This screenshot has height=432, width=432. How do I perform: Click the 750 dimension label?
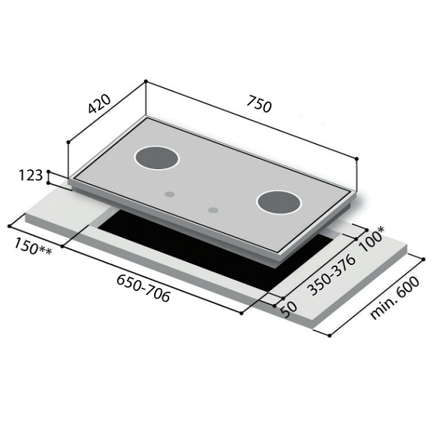259,104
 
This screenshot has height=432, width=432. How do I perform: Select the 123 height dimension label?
30,175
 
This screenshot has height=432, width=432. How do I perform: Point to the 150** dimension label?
33,247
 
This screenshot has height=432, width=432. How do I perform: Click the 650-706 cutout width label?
143,288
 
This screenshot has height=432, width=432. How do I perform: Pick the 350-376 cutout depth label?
331,275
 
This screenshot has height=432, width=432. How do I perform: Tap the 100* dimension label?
371,239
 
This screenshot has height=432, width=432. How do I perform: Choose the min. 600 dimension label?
395,298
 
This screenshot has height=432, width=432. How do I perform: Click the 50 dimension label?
289,310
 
